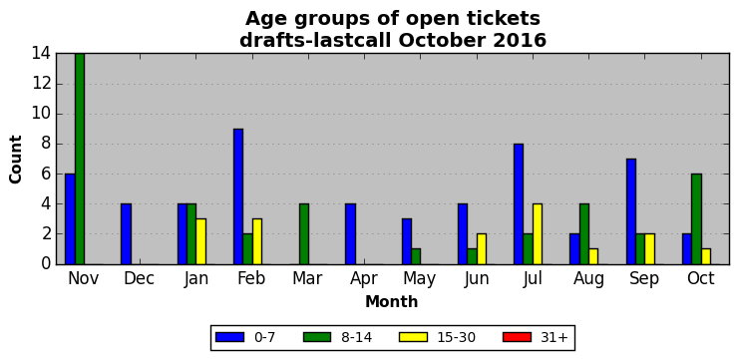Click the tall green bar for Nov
[x=80, y=159]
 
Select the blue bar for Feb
[x=238, y=196]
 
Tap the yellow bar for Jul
[x=538, y=234]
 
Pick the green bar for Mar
[x=304, y=234]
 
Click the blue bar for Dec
[x=126, y=234]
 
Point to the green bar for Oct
[x=696, y=218]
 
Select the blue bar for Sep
[x=631, y=211]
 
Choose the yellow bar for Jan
[x=201, y=241]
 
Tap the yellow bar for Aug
[x=593, y=256]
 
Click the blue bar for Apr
[x=351, y=234]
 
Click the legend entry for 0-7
[x=245, y=337]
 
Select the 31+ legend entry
[x=536, y=337]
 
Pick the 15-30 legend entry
[x=437, y=337]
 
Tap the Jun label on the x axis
[x=477, y=278]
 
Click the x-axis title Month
[x=392, y=301]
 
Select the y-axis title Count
[x=16, y=160]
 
